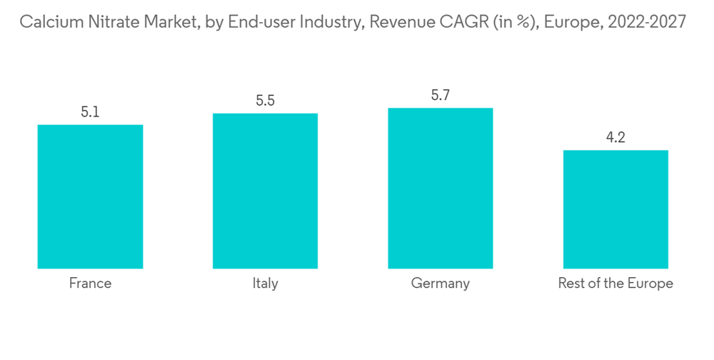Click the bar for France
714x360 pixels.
click(x=90, y=196)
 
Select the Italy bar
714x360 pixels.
click(x=265, y=191)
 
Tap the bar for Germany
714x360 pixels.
click(x=440, y=188)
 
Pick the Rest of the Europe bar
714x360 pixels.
click(x=615, y=209)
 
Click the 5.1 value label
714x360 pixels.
click(x=90, y=112)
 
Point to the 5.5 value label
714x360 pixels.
click(x=265, y=101)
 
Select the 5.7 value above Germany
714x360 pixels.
click(x=440, y=95)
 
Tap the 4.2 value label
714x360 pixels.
click(x=615, y=138)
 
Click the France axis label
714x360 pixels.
click(x=90, y=284)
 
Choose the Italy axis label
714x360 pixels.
click(x=265, y=284)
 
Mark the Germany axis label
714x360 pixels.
click(x=440, y=284)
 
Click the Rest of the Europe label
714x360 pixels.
click(x=615, y=284)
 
